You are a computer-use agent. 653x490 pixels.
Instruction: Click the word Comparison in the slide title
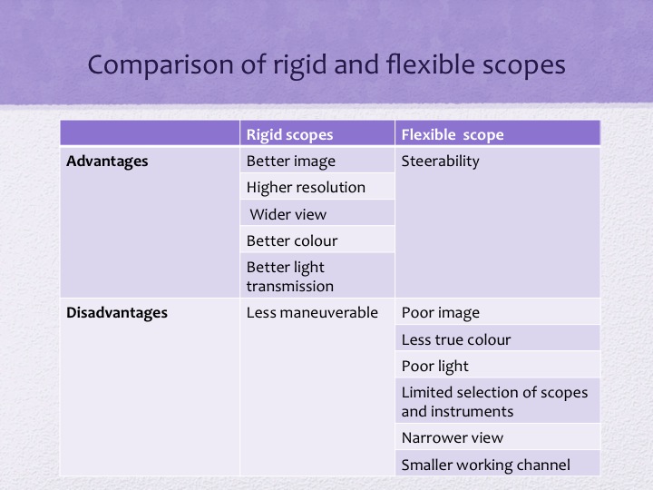161,65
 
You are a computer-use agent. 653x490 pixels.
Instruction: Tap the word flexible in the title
431,64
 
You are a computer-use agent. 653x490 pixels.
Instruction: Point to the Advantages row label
107,162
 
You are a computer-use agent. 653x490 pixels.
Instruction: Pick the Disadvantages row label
117,312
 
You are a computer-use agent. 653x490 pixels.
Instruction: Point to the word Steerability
440,162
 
